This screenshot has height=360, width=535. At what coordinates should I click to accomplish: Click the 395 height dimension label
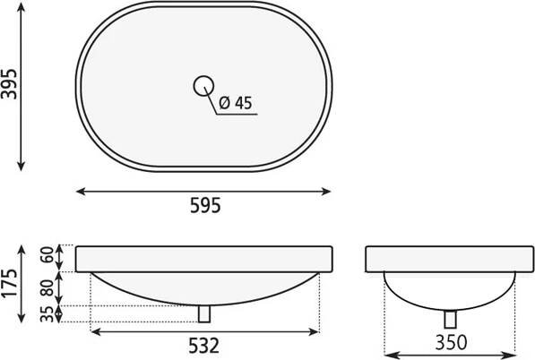[x=9, y=84]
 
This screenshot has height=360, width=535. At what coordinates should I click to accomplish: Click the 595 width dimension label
[x=205, y=206]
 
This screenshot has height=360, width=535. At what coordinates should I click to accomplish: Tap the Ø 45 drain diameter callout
[x=236, y=103]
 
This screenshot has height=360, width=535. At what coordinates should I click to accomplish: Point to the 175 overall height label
[x=9, y=284]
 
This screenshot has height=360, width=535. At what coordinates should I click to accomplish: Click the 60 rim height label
[x=47, y=254]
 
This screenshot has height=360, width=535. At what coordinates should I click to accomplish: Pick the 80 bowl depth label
[x=47, y=288]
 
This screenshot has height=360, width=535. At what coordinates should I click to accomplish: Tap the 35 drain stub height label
[x=47, y=314]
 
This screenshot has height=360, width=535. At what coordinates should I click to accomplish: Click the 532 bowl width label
[x=203, y=346]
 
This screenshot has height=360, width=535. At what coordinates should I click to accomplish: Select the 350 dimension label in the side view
[x=451, y=342]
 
